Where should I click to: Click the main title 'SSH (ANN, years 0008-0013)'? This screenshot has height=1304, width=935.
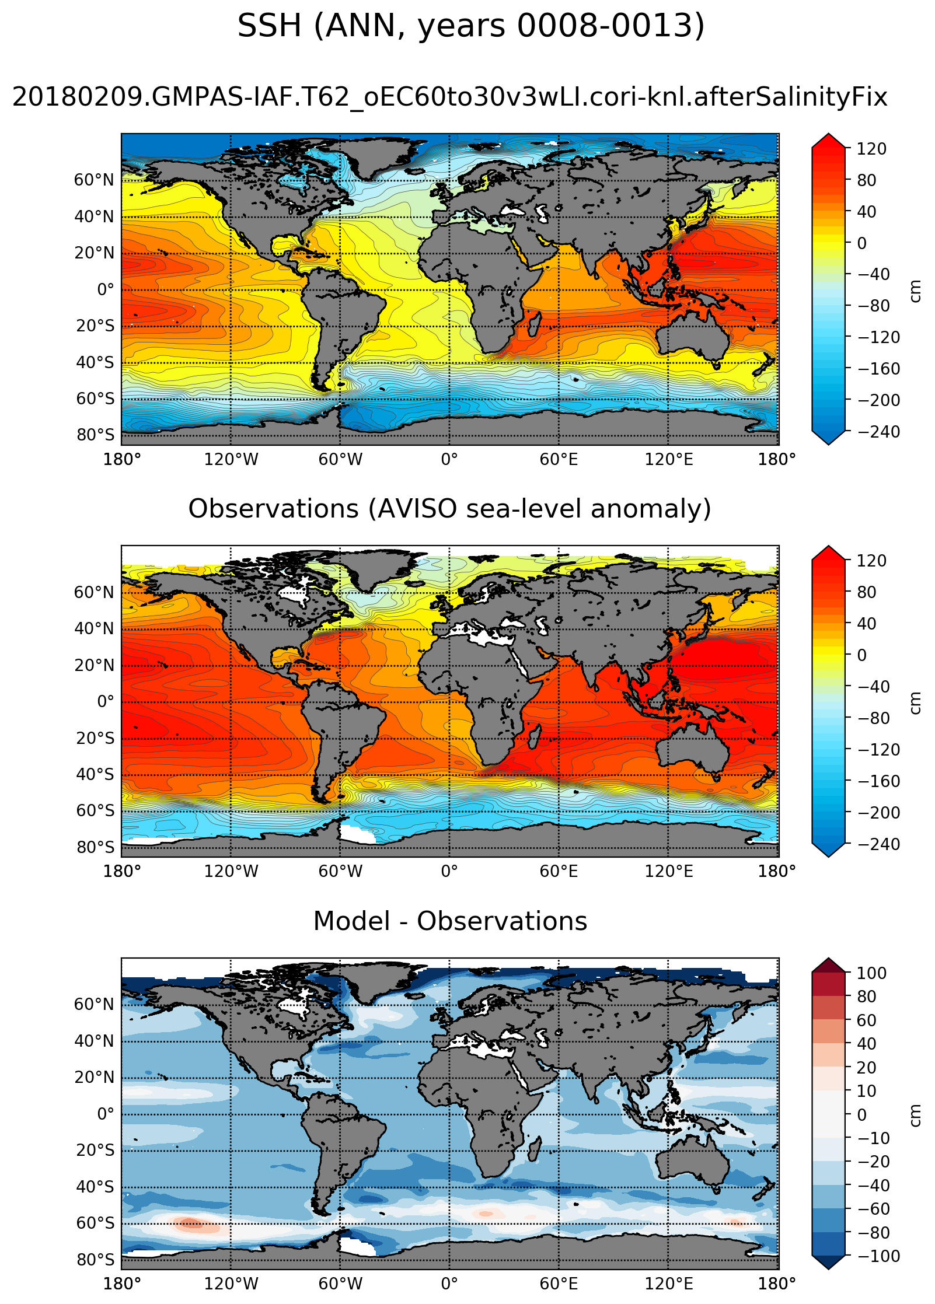coord(470,26)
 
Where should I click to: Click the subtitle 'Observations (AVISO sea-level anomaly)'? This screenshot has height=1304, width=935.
coord(449,509)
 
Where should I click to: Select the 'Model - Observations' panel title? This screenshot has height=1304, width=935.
coord(449,921)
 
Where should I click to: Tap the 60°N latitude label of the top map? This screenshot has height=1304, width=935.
coord(94,180)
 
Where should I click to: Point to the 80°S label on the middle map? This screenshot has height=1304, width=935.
coord(95,847)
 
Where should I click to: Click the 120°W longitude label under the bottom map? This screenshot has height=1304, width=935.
coord(231,1284)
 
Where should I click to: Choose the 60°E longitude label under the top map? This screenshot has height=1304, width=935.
coord(559,460)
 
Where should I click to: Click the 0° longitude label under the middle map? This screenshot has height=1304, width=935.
coord(449,872)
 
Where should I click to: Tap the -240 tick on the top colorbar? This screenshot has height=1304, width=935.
coord(878,432)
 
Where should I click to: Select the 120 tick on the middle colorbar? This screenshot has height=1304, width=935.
coord(871,561)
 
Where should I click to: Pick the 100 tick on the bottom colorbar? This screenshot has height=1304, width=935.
coord(871,973)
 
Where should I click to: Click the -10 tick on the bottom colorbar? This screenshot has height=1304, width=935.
coord(874,1138)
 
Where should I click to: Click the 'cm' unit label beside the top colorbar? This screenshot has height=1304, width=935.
coord(915,291)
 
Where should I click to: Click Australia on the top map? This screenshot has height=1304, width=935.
coord(692,338)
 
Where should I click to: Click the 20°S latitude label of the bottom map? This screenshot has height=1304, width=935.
coord(95,1151)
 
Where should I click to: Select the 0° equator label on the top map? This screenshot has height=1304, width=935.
coord(105,290)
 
